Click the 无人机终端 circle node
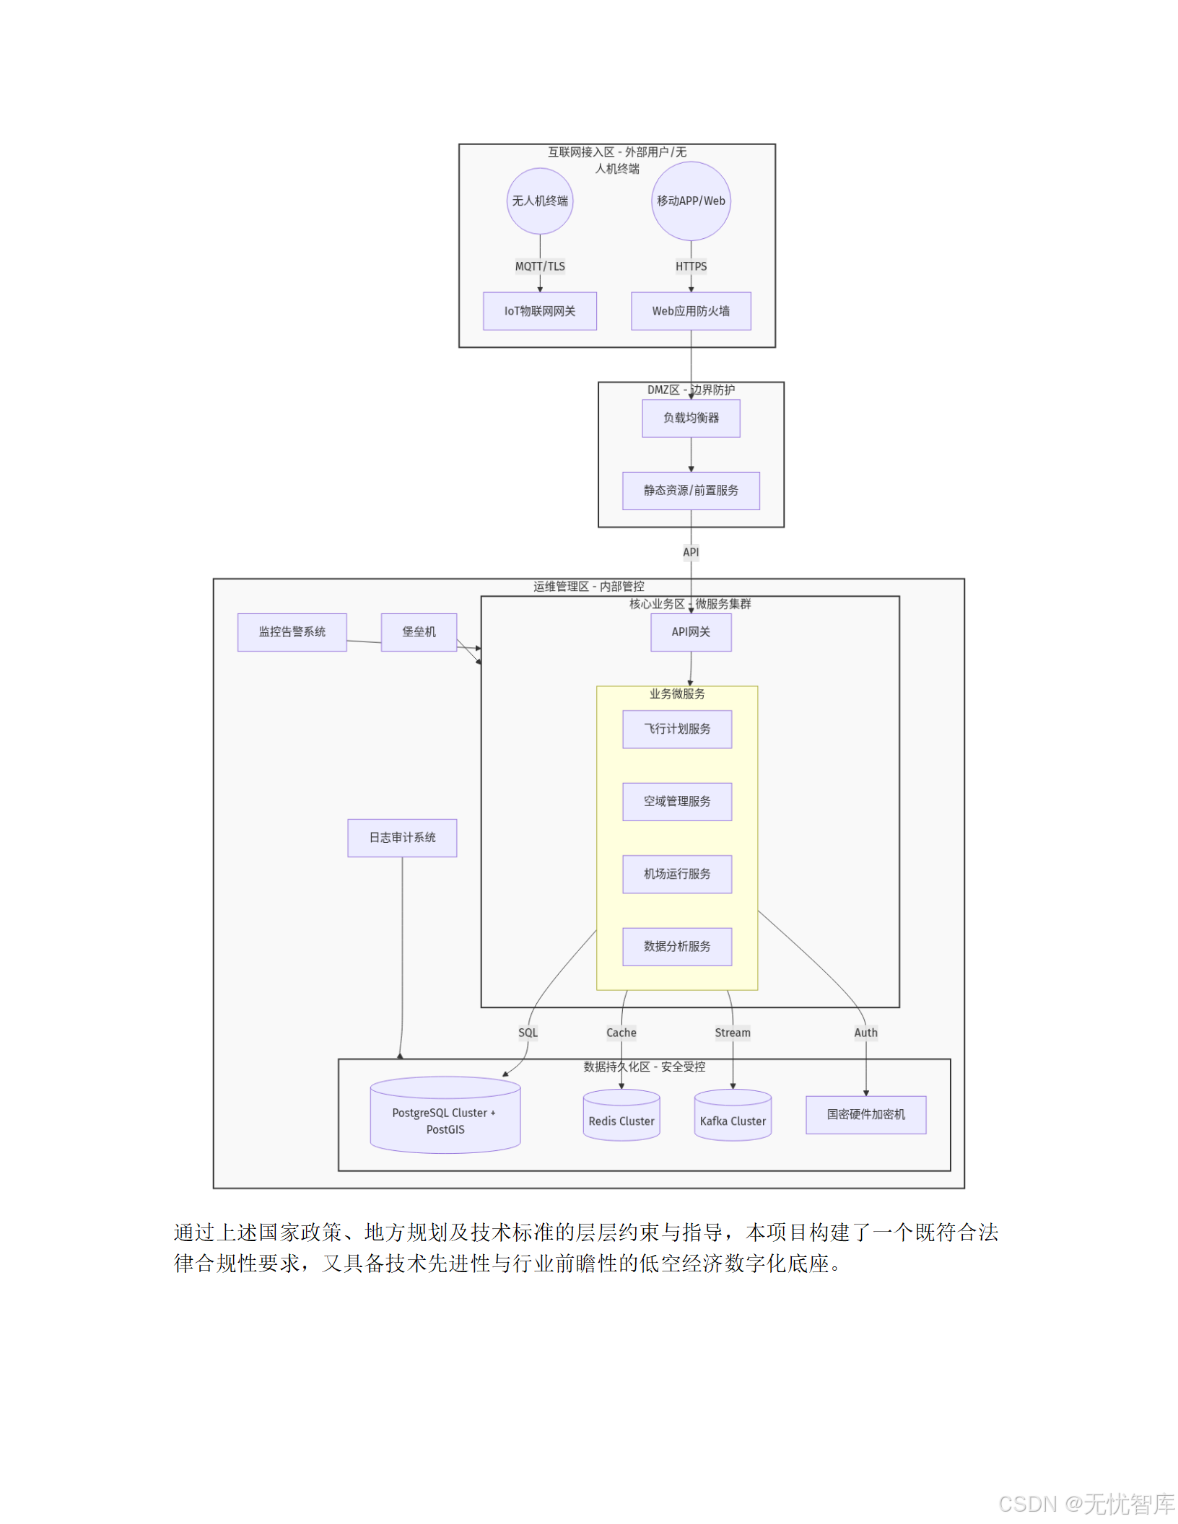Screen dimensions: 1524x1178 pyautogui.click(x=539, y=201)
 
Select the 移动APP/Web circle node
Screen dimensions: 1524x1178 pyautogui.click(x=691, y=201)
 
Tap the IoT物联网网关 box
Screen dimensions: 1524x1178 pyautogui.click(x=539, y=311)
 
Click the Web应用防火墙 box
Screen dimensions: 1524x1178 pyautogui.click(x=691, y=311)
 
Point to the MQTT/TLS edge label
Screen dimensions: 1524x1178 pyautogui.click(x=540, y=266)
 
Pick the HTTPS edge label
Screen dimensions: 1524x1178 pyautogui.click(x=691, y=266)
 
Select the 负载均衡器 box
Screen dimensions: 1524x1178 pyautogui.click(x=691, y=418)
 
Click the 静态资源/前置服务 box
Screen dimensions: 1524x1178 pyautogui.click(x=691, y=491)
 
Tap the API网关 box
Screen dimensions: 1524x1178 pyautogui.click(x=691, y=632)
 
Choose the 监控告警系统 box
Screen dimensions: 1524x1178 pyautogui.click(x=292, y=632)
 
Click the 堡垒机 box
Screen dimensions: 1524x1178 pyautogui.click(x=419, y=632)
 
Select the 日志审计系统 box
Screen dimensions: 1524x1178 pyautogui.click(x=402, y=838)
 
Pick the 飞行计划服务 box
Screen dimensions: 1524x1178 pyautogui.click(x=677, y=729)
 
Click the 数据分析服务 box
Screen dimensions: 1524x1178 pyautogui.click(x=677, y=946)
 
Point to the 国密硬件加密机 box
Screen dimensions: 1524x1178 pyautogui.click(x=865, y=1115)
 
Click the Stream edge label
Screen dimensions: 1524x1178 pyautogui.click(x=733, y=1033)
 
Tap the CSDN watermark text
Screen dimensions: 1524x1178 pyautogui.click(x=1086, y=1504)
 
